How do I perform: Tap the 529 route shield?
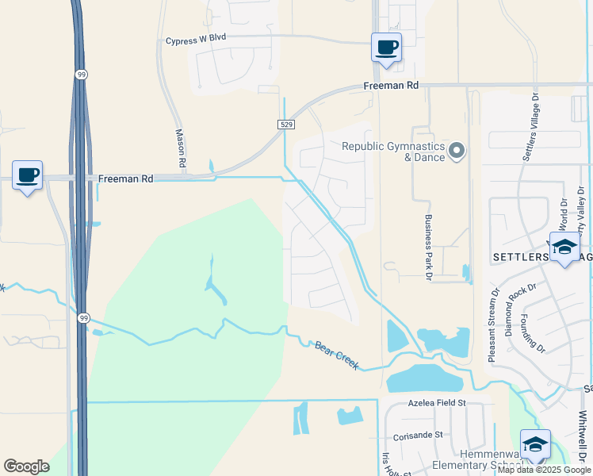[286, 125]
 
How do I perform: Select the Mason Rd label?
[180, 148]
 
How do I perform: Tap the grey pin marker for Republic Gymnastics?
[457, 150]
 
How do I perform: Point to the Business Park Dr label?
[427, 247]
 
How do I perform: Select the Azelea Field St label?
[437, 403]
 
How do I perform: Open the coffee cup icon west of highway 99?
[28, 175]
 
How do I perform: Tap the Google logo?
[26, 466]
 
